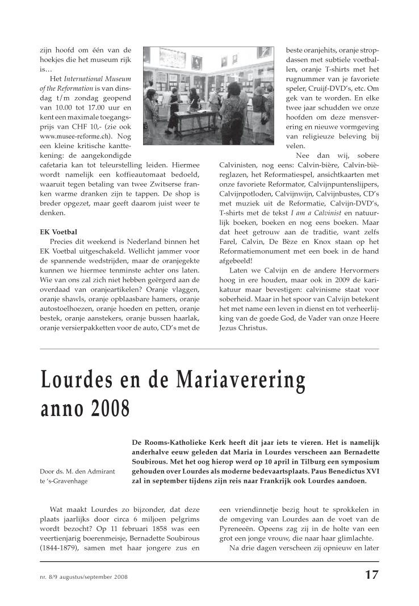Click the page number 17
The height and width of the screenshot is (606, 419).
click(x=371, y=574)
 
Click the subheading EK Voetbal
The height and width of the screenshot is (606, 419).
click(x=58, y=232)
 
